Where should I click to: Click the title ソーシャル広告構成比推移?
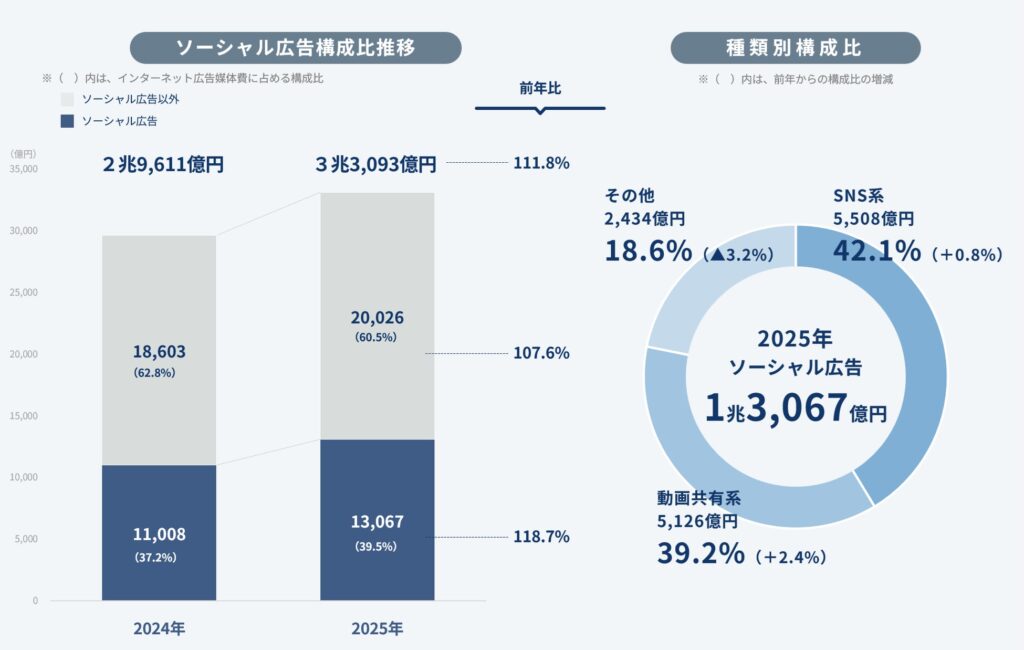point(295,48)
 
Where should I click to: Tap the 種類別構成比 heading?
point(795,48)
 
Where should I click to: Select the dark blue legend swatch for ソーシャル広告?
point(68,121)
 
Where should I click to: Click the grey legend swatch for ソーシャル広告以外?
point(68,100)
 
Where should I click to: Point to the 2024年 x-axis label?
point(159,629)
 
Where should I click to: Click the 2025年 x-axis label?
point(377,629)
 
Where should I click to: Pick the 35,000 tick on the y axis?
point(23,169)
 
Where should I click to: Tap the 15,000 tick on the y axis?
point(23,416)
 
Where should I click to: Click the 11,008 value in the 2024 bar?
point(159,534)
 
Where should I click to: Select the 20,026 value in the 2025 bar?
point(377,317)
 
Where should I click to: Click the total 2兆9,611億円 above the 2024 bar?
point(162,163)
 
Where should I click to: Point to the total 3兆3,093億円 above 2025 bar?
point(376,163)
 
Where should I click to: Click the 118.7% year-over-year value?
point(541,537)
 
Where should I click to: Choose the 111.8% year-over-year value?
point(541,162)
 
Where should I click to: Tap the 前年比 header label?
point(540,88)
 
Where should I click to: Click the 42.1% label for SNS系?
point(876,250)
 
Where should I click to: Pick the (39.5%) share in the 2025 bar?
point(377,547)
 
